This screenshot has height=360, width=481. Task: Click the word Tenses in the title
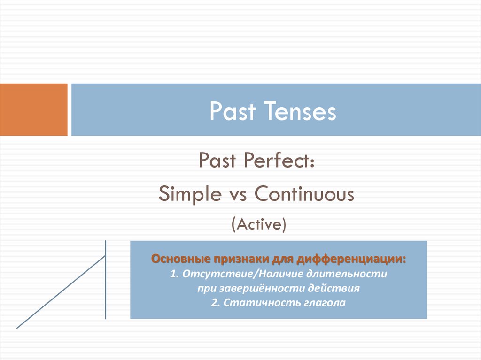click(x=300, y=111)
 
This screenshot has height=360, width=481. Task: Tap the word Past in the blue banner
click(x=233, y=111)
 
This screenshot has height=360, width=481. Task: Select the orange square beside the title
click(x=34, y=109)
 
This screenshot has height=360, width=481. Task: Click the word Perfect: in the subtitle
click(x=279, y=160)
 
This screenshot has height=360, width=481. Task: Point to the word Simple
click(x=190, y=194)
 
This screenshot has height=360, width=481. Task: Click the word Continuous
click(x=304, y=194)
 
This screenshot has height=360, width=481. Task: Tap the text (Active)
click(x=259, y=224)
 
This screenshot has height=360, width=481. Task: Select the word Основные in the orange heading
click(x=181, y=259)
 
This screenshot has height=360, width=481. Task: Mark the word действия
click(x=334, y=288)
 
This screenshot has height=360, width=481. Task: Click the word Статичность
click(x=262, y=303)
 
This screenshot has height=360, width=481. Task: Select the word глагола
click(x=325, y=303)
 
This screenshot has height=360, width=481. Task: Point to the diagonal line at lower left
click(x=61, y=292)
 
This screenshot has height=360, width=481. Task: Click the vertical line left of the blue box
click(x=106, y=280)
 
